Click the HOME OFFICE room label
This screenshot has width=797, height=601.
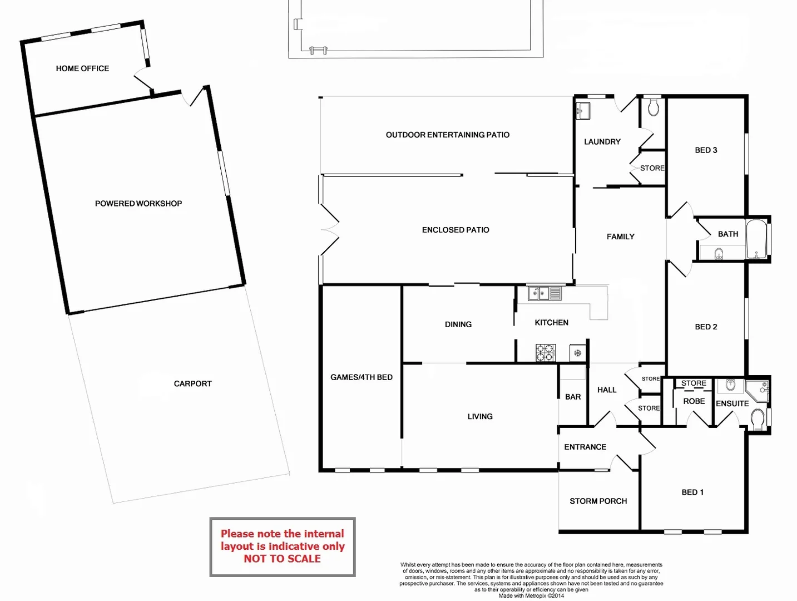tap(82, 68)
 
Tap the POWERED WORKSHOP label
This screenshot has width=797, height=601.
tap(138, 204)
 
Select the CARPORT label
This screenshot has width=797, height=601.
tap(192, 383)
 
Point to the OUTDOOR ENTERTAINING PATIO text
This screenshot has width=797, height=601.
tap(447, 135)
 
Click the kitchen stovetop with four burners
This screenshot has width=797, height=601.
tap(545, 353)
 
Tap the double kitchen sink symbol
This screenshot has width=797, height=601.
tap(544, 293)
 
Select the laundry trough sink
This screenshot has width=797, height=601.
tap(583, 110)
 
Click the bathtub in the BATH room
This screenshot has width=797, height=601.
tap(756, 239)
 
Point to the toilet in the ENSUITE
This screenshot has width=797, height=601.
tap(758, 420)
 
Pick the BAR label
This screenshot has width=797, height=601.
tap(573, 397)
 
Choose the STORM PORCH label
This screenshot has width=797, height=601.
tap(598, 501)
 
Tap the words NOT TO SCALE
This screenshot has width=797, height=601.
tap(282, 559)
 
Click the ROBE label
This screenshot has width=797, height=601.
tap(694, 401)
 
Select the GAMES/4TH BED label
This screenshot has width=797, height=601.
tap(362, 377)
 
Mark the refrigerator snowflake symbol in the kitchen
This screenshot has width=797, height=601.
tap(577, 353)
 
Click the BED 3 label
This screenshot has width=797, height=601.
tap(706, 150)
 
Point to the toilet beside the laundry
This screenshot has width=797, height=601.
tap(654, 107)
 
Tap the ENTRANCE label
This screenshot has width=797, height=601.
tap(585, 447)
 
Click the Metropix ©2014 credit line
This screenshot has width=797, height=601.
tap(531, 596)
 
